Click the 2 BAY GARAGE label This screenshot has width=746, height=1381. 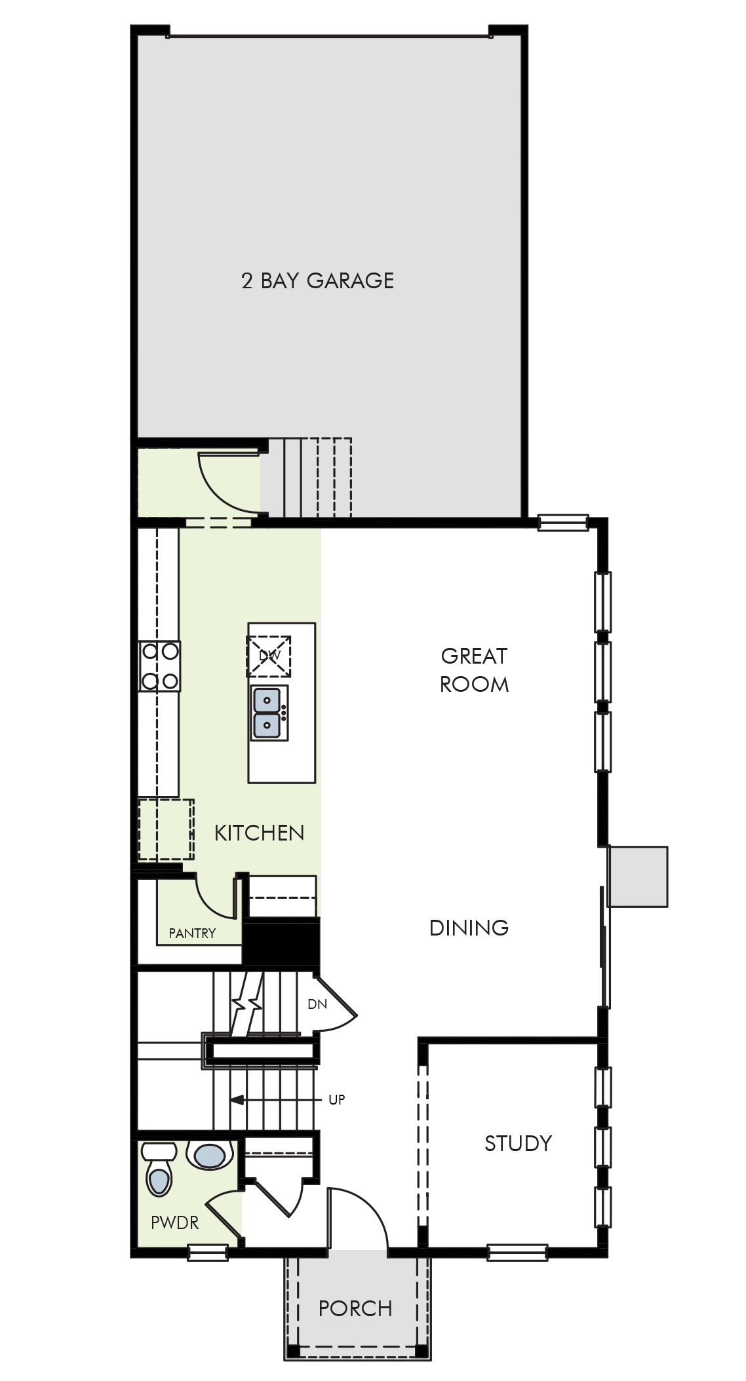point(317,280)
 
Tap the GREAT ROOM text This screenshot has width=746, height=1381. point(474,670)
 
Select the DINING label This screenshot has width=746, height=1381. point(469,927)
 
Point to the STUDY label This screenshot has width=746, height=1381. point(518,1143)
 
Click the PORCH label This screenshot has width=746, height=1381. point(355,1308)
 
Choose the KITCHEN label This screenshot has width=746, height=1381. point(260,833)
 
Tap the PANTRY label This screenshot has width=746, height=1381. point(192,933)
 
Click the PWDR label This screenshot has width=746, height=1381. point(174,1222)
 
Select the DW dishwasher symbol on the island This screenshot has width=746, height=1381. point(269,656)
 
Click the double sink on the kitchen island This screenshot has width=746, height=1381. point(268,713)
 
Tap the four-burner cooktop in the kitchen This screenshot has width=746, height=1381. point(160,666)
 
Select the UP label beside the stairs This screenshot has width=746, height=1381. point(336,1100)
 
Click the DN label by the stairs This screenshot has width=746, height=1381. point(317,1004)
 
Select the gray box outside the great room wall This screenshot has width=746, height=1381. point(638,877)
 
